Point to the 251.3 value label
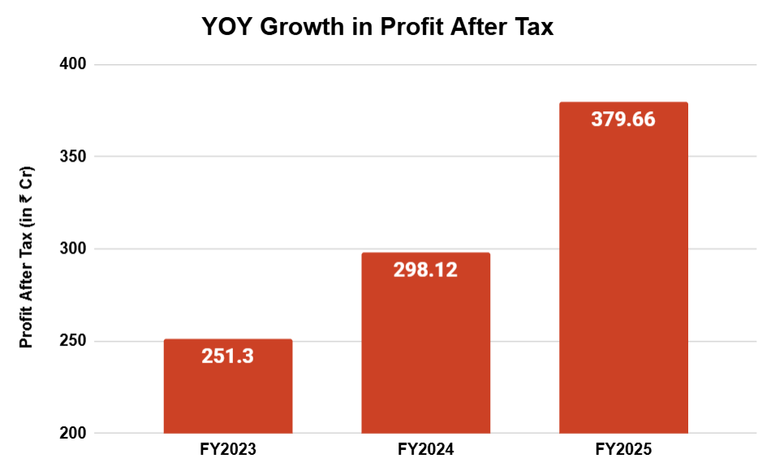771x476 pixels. tap(228, 356)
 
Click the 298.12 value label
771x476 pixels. tap(425, 270)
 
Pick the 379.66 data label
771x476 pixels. tap(623, 119)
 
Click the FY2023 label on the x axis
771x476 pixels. tap(228, 449)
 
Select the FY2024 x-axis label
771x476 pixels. tap(425, 449)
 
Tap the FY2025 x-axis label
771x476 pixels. tap(623, 449)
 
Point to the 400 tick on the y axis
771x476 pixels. tap(73, 64)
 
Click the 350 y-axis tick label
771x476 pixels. tap(73, 157)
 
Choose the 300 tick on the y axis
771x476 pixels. tap(73, 249)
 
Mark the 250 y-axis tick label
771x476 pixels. tap(73, 341)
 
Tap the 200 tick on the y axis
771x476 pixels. tap(73, 433)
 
